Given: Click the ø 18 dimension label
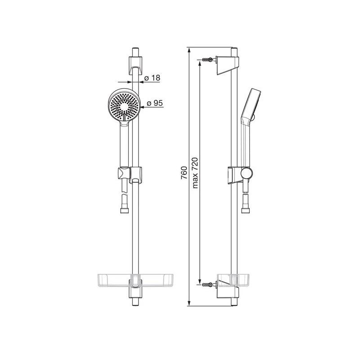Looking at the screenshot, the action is [152, 78].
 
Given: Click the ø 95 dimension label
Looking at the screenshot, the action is [155, 103].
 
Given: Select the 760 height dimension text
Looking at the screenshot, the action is [184, 173].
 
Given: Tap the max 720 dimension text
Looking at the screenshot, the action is [195, 173].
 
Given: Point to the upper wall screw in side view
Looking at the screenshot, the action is [208, 59].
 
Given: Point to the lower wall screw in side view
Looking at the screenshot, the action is [208, 285].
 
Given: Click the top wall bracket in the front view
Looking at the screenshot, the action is [135, 65].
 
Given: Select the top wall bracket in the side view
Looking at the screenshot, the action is [228, 65].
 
